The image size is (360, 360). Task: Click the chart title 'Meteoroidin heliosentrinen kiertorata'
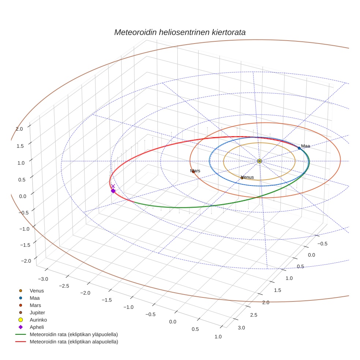click(x=180, y=32)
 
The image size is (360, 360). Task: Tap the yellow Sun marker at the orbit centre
click(x=259, y=161)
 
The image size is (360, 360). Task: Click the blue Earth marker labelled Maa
click(x=299, y=148)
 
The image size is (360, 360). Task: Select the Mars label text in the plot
click(x=195, y=171)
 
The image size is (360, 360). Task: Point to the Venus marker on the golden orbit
click(x=242, y=178)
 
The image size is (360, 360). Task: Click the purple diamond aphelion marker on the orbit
click(x=113, y=191)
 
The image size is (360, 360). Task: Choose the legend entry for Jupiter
click(x=37, y=312)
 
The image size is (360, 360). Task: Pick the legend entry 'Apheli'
click(x=37, y=327)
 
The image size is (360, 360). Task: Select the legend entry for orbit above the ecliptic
click(x=74, y=334)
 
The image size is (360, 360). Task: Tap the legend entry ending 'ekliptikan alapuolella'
click(x=74, y=342)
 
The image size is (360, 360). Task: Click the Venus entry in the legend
click(x=37, y=290)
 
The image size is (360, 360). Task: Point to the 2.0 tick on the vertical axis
click(x=19, y=129)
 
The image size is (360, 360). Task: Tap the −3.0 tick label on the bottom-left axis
click(x=42, y=279)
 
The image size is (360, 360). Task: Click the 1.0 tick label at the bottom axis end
click(x=218, y=337)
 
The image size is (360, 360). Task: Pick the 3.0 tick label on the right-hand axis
click(x=241, y=327)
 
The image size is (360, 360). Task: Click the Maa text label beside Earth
click(x=305, y=146)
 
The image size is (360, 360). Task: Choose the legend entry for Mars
click(x=35, y=305)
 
